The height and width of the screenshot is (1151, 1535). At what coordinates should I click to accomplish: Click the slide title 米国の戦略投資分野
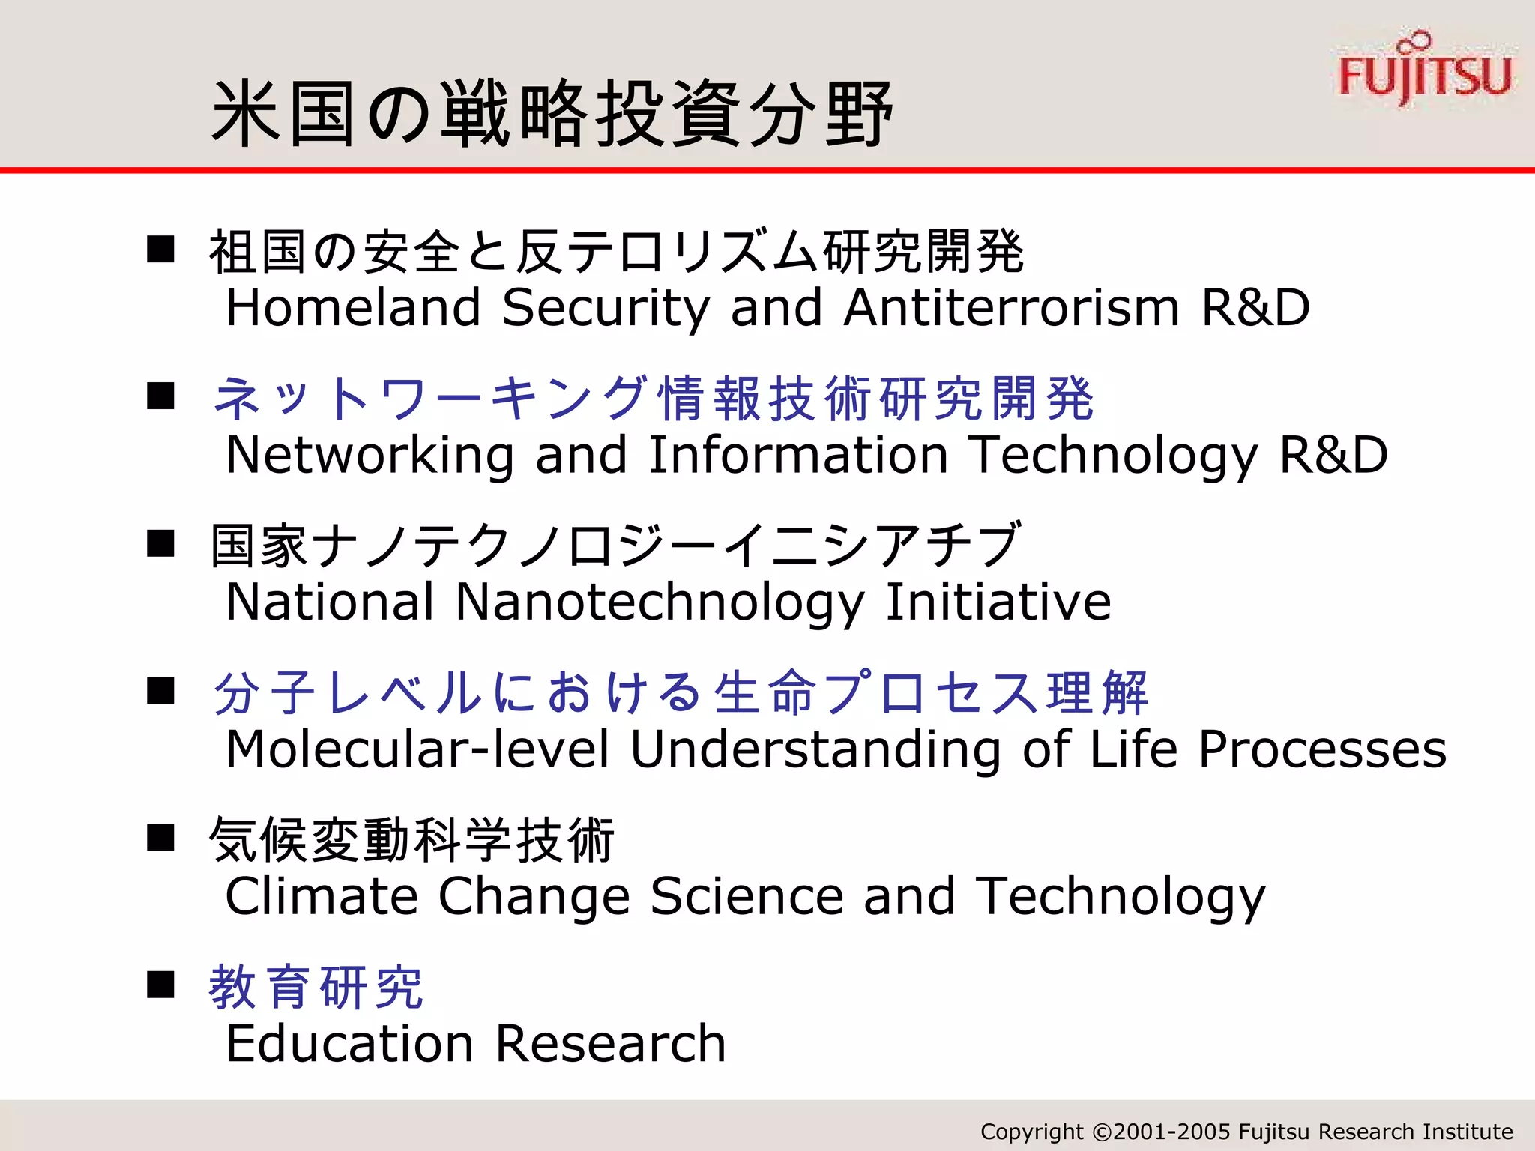pos(552,114)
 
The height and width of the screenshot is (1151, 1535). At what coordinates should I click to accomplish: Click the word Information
pos(798,455)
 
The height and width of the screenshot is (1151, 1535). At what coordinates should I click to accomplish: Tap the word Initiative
pos(998,602)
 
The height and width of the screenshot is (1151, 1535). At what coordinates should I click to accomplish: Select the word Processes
pos(1322,749)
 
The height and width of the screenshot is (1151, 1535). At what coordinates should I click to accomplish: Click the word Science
pos(747,896)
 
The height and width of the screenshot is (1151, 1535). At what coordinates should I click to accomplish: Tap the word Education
pos(349,1043)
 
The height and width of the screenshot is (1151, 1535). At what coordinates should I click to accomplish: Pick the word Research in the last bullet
pos(610,1043)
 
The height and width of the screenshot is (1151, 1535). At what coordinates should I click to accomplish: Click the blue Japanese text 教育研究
pos(316,988)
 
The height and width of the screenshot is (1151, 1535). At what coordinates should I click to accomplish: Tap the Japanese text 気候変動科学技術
pos(412,840)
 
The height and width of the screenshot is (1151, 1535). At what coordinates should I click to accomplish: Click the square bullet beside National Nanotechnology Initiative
pos(160,543)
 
